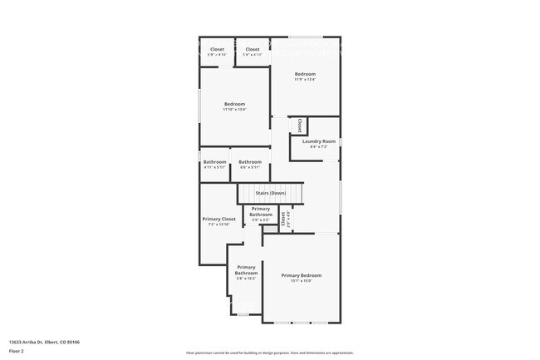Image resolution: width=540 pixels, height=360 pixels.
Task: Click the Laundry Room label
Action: pos(319,141)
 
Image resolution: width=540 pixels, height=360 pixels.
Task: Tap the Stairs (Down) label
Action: pos(271,193)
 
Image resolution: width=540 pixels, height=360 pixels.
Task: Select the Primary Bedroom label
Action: pos(301,275)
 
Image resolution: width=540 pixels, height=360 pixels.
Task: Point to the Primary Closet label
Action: pos(219,219)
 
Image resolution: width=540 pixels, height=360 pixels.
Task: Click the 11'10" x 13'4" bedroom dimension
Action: pos(234,110)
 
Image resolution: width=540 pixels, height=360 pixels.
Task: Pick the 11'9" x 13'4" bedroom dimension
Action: pos(306,80)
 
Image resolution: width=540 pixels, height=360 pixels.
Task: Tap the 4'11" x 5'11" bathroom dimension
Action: pos(215,167)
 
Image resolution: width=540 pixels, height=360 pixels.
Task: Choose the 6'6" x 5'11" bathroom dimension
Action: pos(250,167)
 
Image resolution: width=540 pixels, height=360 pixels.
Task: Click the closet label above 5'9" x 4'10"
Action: pos(217,49)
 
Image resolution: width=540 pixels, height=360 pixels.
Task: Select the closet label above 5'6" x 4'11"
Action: pos(253,49)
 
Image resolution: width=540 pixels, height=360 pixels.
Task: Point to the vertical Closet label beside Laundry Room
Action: pos(300,125)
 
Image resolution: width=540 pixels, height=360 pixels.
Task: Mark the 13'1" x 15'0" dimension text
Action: pos(301,281)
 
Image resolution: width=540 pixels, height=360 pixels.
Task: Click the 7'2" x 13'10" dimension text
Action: pos(219,224)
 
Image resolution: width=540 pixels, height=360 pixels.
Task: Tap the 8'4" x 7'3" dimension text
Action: pos(319,147)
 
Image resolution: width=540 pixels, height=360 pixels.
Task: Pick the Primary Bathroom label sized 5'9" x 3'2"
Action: pos(261,211)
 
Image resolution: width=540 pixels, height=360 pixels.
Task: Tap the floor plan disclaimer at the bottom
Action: pos(270,353)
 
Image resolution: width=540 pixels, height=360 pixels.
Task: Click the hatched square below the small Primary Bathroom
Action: pos(269,229)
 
